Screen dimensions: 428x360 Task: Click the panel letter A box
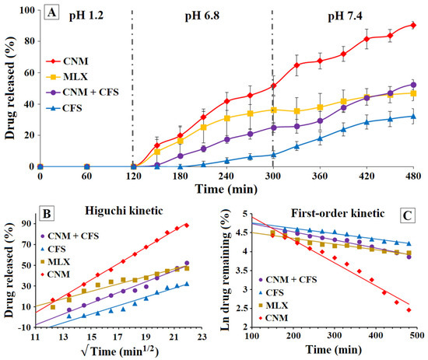point(51,12)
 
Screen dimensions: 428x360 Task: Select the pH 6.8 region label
point(202,16)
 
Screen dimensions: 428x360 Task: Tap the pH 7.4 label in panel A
point(345,16)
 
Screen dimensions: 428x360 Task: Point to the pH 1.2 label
point(86,16)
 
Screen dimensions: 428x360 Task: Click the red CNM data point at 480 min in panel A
point(413,26)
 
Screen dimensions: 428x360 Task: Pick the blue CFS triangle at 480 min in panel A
point(413,117)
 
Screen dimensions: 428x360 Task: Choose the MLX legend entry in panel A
point(67,77)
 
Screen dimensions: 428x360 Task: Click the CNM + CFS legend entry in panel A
point(82,93)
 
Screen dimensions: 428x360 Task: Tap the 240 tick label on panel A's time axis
point(226,176)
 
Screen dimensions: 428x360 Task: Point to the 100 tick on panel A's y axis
point(27,10)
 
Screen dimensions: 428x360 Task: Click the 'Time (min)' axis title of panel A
point(226,189)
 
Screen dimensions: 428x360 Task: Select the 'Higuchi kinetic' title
point(124,211)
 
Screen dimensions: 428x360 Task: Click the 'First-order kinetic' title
point(338,213)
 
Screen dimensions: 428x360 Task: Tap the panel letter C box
point(407,215)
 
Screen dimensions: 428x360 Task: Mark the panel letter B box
point(47,213)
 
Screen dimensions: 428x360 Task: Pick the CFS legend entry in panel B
point(53,249)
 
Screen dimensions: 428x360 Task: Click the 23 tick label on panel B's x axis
point(202,337)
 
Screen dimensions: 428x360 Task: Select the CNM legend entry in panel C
point(273,318)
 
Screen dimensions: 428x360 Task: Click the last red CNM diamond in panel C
point(409,309)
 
